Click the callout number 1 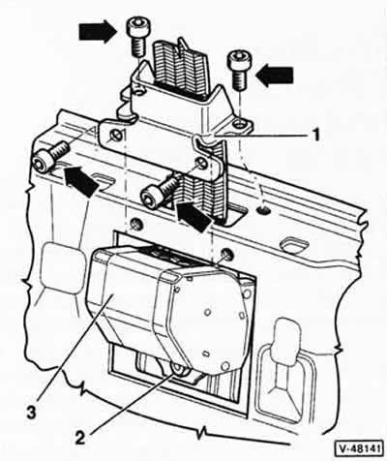316,135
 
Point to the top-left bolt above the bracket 137,37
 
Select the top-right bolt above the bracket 238,71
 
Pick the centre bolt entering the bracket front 159,191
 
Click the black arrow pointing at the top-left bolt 98,31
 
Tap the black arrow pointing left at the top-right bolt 275,77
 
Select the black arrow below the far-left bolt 81,181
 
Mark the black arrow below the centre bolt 193,217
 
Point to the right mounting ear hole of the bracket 239,124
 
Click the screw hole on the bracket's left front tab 115,136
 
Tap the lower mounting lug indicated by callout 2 179,369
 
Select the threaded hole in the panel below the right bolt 263,210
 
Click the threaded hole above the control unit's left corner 135,224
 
